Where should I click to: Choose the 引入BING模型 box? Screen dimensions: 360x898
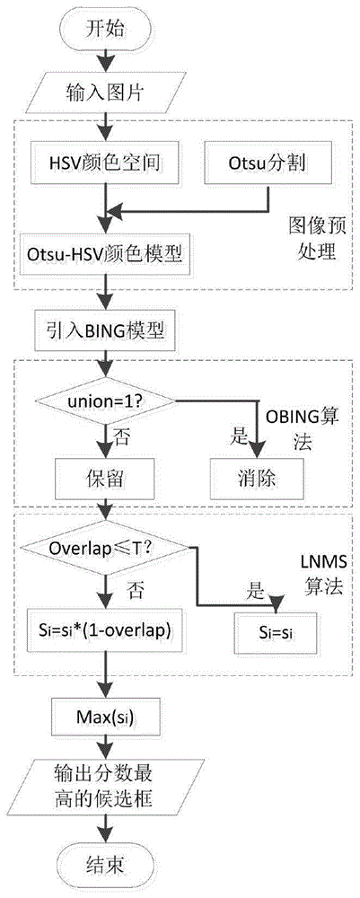pos(104,330)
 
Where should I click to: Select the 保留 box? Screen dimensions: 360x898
pos(104,477)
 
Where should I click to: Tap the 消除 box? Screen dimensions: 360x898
pos(258,477)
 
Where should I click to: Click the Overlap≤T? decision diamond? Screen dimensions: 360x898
pos(104,549)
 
